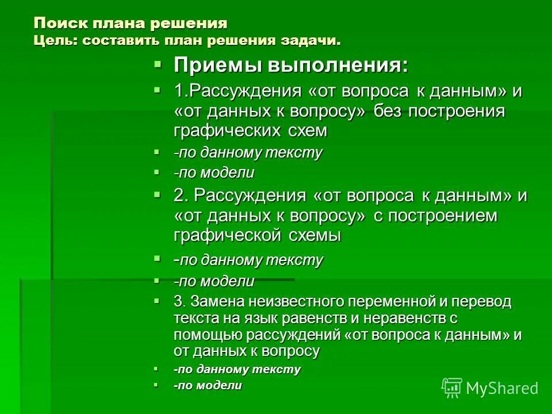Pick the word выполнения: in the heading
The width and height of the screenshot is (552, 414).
[x=337, y=65]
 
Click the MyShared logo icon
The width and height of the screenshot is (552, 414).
[x=452, y=388]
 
